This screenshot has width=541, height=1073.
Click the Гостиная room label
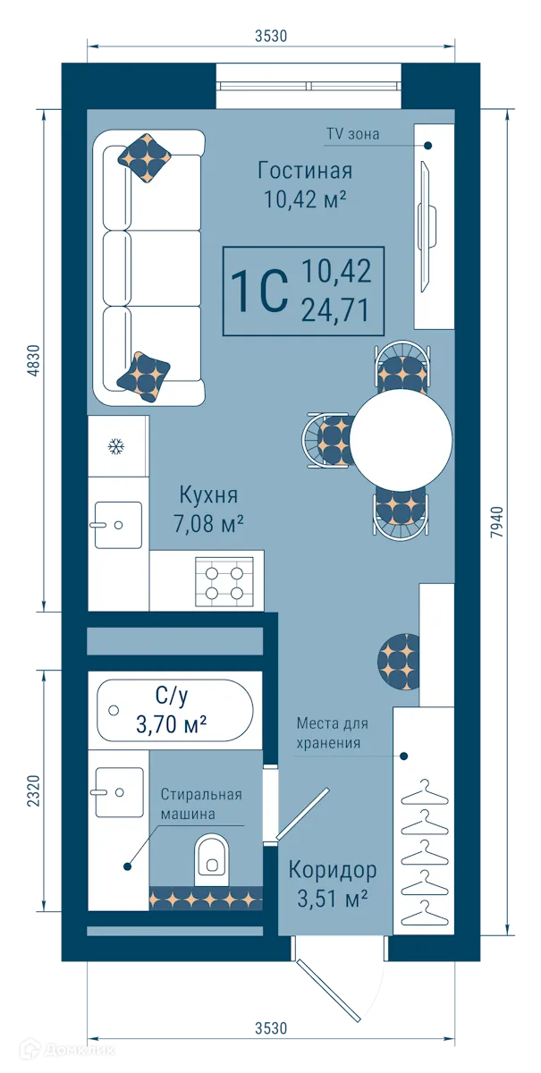304,170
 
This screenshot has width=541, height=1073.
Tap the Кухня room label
208,495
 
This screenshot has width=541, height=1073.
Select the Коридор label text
332,869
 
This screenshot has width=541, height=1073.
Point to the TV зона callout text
352,135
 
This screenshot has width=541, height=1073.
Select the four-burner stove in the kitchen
224,580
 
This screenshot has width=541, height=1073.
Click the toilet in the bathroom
211,855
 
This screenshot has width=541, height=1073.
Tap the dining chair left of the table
328,439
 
